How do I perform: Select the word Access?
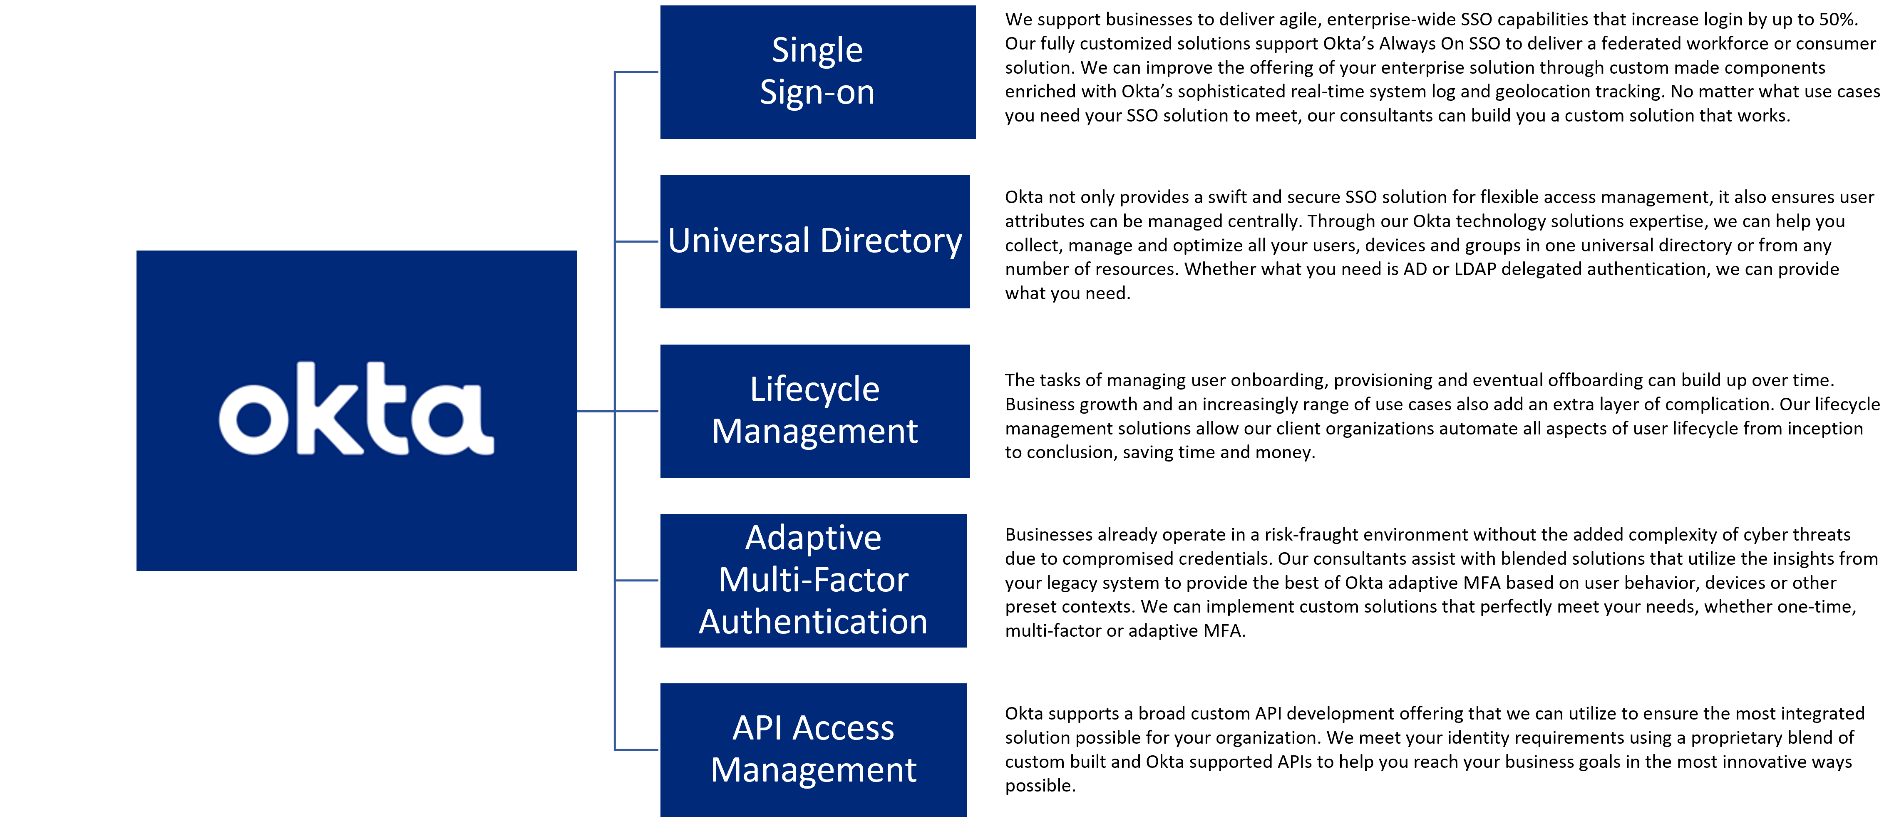(x=844, y=728)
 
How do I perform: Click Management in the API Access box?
(x=813, y=770)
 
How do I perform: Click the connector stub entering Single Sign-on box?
(x=636, y=72)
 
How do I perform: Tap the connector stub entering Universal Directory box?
(x=636, y=241)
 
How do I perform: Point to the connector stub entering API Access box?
(x=636, y=750)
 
